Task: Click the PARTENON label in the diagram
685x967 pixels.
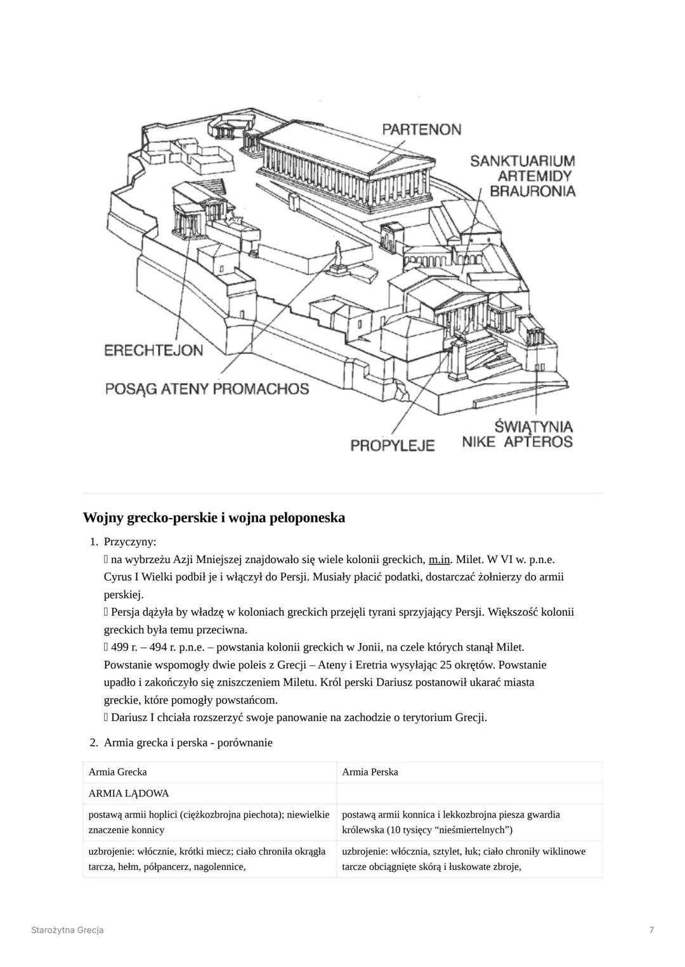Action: (x=421, y=129)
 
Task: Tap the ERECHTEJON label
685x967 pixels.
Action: (x=153, y=351)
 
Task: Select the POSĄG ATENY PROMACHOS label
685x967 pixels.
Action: (x=207, y=389)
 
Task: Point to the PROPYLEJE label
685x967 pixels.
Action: (x=392, y=445)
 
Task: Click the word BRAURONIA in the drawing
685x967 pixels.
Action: (x=533, y=191)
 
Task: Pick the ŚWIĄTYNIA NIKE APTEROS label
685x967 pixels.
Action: (x=518, y=434)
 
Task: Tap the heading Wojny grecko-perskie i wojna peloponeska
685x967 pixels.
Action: (x=214, y=517)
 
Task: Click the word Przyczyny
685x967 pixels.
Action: (x=129, y=542)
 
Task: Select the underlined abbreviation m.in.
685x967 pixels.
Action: (x=439, y=559)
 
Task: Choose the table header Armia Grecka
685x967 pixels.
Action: (x=117, y=772)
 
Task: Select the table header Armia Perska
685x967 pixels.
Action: (x=370, y=772)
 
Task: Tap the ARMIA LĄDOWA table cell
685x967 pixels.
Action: (x=129, y=793)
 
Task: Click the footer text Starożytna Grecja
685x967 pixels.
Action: (x=67, y=930)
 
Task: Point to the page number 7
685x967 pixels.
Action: (x=651, y=930)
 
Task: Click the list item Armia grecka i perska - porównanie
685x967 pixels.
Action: (x=188, y=743)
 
